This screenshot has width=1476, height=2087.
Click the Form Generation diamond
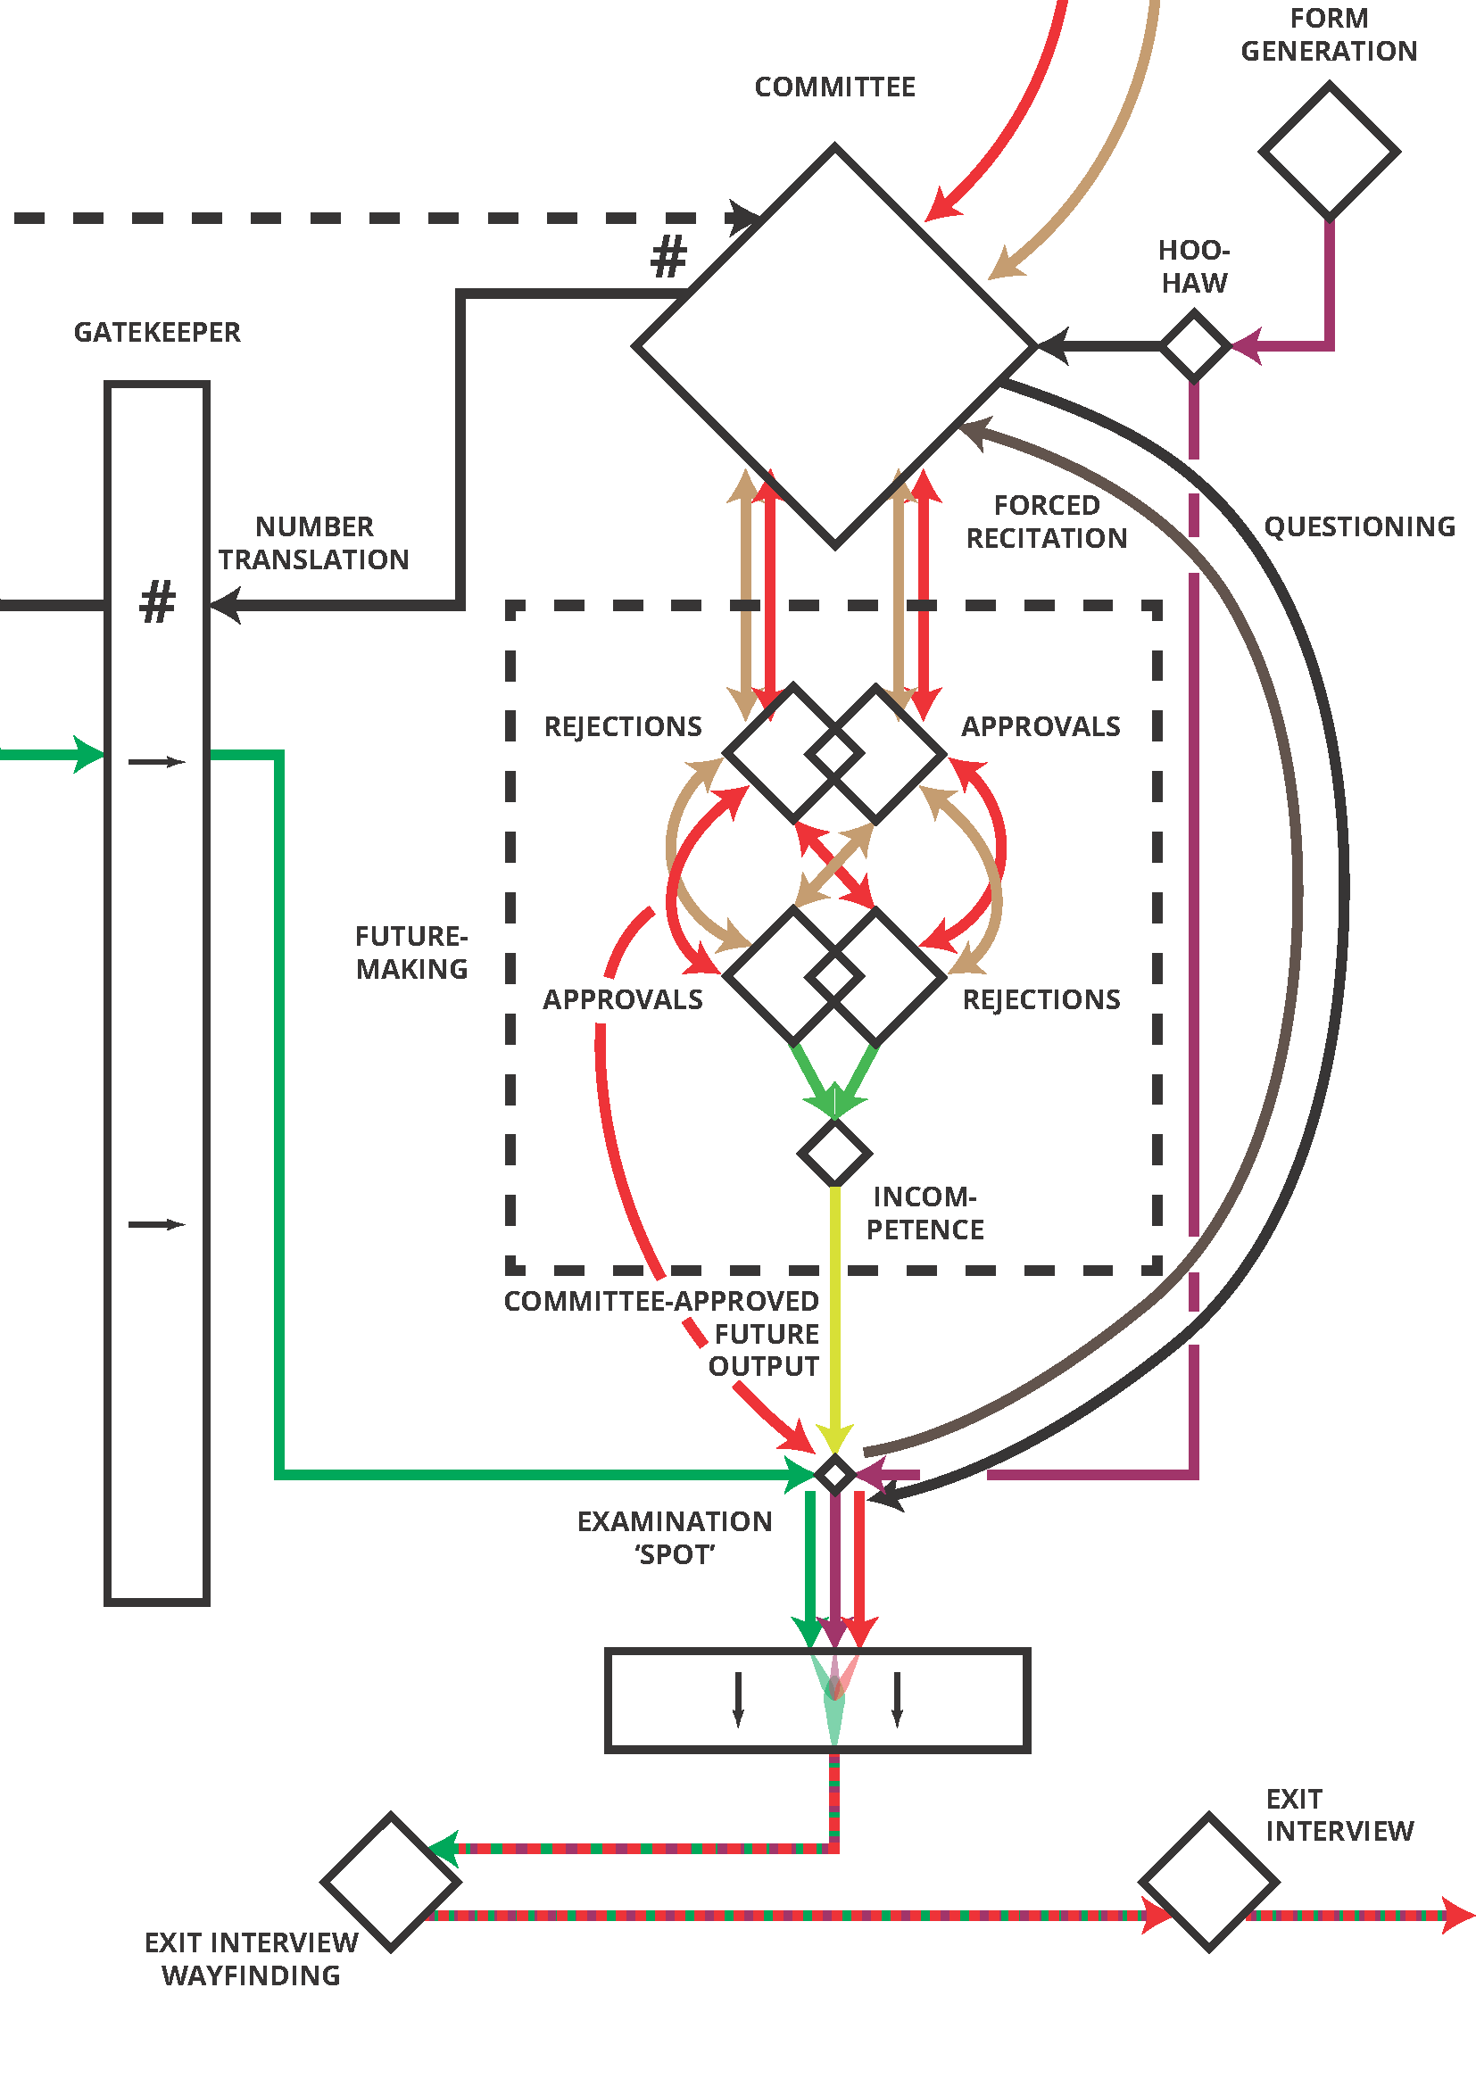click(x=1329, y=151)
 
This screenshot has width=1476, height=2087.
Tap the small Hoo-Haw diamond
click(x=1194, y=345)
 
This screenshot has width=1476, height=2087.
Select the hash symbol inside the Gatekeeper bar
click(x=157, y=601)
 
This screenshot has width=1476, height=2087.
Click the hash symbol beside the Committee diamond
click(x=669, y=256)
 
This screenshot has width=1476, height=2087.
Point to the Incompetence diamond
click(x=834, y=1153)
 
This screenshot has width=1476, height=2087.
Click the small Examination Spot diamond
click(x=834, y=1473)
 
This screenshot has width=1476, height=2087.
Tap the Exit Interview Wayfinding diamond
click(x=391, y=1882)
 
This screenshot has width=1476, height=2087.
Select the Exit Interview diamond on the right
click(x=1209, y=1882)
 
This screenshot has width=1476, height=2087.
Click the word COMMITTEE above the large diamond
click(x=834, y=87)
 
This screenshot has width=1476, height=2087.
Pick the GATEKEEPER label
click(x=157, y=333)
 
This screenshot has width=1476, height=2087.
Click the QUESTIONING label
click(x=1359, y=527)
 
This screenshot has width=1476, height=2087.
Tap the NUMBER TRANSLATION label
click(x=313, y=543)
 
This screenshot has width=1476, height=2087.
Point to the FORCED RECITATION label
click(x=1046, y=522)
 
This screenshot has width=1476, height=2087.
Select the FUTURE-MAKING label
click(x=411, y=953)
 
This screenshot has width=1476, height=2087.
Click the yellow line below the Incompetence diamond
click(x=834, y=1318)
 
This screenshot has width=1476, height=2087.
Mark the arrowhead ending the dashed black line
click(x=745, y=218)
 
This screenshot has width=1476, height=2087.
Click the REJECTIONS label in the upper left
click(x=623, y=727)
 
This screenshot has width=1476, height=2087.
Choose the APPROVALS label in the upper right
click(x=1041, y=727)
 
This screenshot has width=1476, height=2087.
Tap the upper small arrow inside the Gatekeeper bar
click(x=156, y=762)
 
